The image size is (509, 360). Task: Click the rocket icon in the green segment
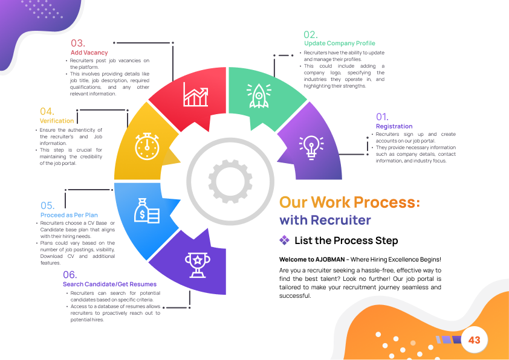259,96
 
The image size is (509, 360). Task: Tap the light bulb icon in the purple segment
311,146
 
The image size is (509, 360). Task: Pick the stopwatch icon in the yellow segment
146,145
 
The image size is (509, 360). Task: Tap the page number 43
474,341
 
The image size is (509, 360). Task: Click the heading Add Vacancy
89,53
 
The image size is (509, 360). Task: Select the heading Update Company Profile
340,43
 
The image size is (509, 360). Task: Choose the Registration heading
394,126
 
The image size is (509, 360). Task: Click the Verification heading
57,121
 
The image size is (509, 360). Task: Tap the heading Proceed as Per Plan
69,215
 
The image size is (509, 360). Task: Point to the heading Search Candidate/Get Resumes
109,284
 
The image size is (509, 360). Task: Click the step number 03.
78,43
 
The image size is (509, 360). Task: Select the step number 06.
70,275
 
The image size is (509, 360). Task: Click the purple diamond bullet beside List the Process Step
285,240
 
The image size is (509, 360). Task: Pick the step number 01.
382,117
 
